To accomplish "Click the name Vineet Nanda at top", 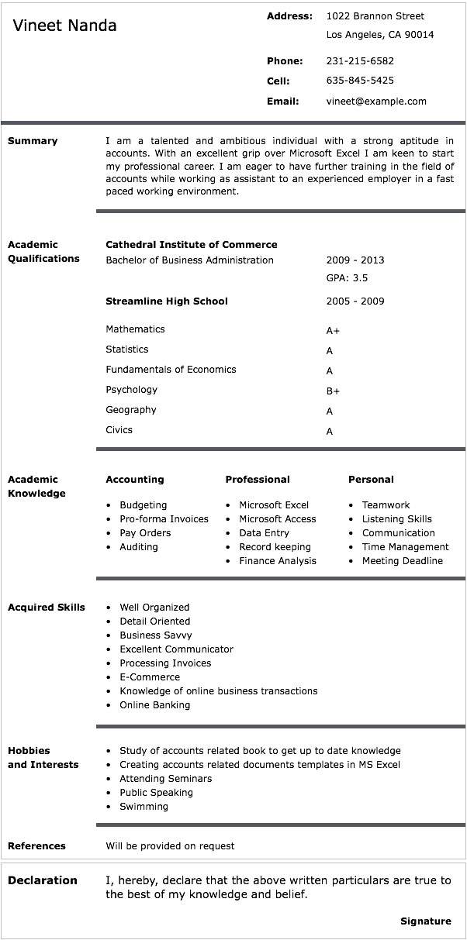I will click(x=64, y=26).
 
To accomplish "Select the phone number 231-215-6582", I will click(x=360, y=61).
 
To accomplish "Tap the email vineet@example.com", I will click(x=376, y=102).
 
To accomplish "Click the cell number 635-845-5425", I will click(x=360, y=81).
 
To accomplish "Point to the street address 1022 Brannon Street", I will click(x=375, y=16).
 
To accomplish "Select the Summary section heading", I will click(x=33, y=141).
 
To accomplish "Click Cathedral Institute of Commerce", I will click(x=191, y=245).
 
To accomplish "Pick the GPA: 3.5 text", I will click(x=347, y=278).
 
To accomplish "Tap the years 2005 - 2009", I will click(x=355, y=301).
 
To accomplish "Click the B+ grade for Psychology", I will click(x=333, y=391).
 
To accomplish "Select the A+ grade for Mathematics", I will click(x=333, y=331).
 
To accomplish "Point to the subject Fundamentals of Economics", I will click(x=171, y=370).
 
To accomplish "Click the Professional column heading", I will click(x=258, y=480).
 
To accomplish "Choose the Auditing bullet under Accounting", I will click(x=139, y=547).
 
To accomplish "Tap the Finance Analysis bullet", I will click(x=278, y=561).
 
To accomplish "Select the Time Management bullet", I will click(x=405, y=547).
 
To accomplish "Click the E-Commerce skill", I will click(x=150, y=677).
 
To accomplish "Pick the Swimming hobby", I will click(x=144, y=807).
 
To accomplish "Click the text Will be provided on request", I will click(x=170, y=846).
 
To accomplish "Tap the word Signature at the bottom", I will click(x=425, y=921).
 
